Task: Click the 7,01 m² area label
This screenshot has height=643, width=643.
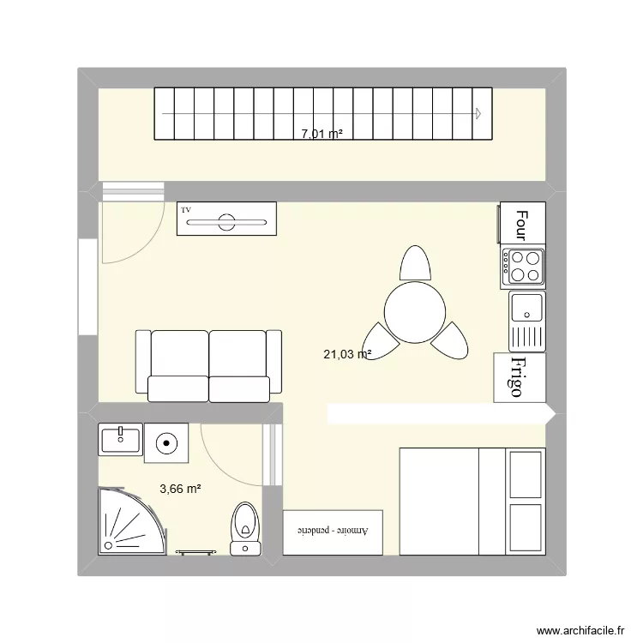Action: tap(321, 134)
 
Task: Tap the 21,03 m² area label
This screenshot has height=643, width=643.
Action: tap(347, 353)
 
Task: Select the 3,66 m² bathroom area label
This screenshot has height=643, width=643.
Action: tap(180, 489)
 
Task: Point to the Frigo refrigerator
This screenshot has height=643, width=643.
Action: tap(518, 377)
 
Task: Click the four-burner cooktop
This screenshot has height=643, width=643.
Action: tap(523, 266)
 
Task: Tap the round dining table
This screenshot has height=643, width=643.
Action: tap(415, 312)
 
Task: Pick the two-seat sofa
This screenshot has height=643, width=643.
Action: tap(208, 366)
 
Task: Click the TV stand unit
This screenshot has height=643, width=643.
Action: tap(226, 219)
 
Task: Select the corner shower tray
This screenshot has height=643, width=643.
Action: tap(124, 521)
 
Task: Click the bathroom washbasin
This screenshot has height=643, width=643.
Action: tap(120, 441)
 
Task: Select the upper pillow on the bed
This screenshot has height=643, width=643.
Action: tap(526, 474)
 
